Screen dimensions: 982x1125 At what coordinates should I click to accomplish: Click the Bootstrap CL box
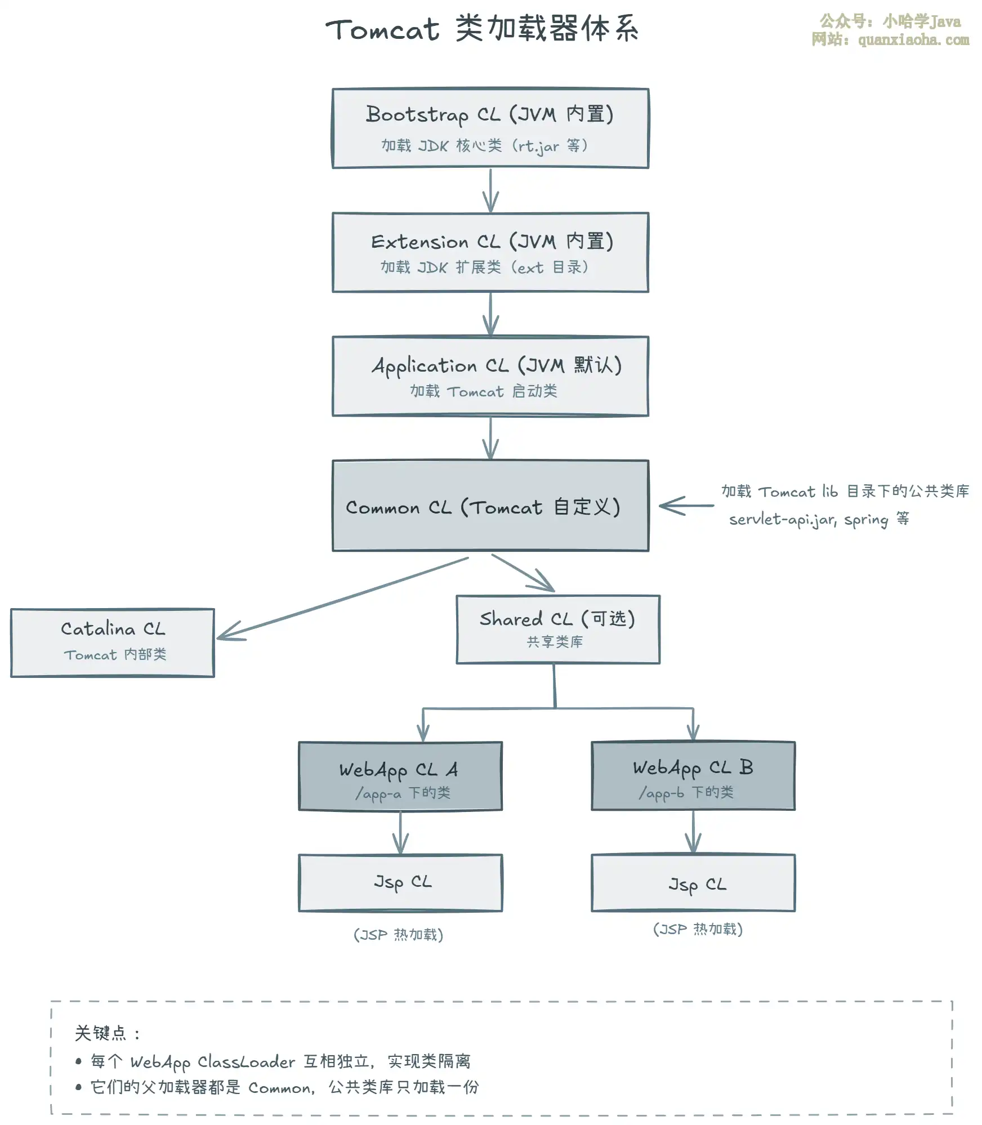(x=490, y=128)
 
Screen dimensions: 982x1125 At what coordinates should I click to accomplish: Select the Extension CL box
(x=490, y=252)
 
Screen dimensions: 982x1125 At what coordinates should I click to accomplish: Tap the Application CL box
(x=490, y=376)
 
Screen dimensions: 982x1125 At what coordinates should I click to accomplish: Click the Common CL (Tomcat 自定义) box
(x=490, y=506)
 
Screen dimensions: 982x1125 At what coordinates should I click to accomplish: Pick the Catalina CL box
(x=113, y=642)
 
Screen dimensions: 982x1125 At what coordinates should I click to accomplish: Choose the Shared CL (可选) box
(x=558, y=630)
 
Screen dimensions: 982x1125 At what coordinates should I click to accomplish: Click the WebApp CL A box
(x=400, y=776)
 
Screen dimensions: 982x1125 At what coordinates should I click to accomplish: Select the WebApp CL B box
(x=693, y=776)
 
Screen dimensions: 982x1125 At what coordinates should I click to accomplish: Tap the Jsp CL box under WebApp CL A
(x=400, y=883)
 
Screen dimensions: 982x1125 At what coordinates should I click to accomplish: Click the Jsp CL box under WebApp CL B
(x=693, y=883)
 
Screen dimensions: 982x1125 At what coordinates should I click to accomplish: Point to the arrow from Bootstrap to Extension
(x=490, y=190)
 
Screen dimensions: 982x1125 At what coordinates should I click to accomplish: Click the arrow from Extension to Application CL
(x=490, y=314)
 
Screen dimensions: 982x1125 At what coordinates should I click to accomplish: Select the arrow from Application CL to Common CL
(x=490, y=438)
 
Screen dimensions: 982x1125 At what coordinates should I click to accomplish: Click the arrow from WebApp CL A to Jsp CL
(x=400, y=833)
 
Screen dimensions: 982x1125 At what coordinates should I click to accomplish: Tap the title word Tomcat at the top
(x=382, y=29)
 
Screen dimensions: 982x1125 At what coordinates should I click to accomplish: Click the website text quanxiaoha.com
(x=913, y=40)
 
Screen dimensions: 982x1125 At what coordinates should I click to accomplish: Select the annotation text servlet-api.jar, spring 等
(x=819, y=519)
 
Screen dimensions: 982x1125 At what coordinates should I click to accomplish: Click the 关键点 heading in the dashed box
(x=101, y=1033)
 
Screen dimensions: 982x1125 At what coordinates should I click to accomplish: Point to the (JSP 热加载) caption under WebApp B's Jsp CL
(x=698, y=929)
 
